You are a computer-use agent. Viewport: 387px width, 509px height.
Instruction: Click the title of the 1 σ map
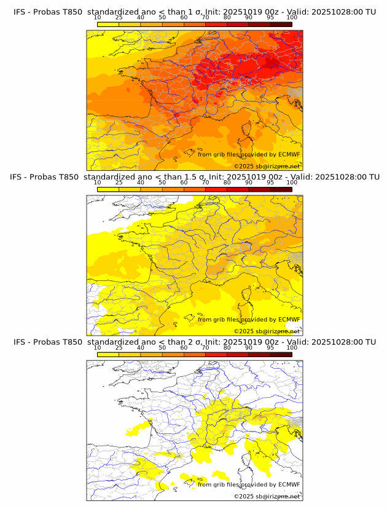click(x=195, y=11)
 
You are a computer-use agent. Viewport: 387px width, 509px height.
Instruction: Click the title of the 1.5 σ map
click(x=195, y=176)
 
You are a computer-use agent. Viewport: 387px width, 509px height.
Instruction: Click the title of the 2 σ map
click(x=195, y=342)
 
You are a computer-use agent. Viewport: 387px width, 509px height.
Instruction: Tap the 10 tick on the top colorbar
click(x=98, y=18)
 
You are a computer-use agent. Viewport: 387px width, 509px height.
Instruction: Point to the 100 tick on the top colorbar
click(x=292, y=18)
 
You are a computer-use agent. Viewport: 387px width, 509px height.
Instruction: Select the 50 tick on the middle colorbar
click(x=162, y=183)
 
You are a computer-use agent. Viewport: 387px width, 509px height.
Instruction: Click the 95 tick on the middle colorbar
click(x=270, y=183)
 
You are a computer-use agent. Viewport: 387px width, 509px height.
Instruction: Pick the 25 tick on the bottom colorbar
click(x=119, y=348)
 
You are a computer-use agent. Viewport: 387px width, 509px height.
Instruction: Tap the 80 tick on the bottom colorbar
click(x=227, y=348)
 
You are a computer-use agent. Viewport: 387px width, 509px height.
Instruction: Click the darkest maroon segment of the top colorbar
click(x=281, y=24)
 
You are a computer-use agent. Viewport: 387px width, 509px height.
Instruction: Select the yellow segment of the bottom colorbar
click(x=108, y=354)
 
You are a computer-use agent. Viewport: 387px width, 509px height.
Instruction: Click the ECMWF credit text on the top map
click(x=249, y=154)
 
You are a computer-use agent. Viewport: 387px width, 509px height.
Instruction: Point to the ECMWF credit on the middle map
click(x=249, y=320)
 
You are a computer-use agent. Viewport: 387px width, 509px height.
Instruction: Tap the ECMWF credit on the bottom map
click(x=249, y=484)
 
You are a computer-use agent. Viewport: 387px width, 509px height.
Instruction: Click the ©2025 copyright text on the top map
click(x=267, y=167)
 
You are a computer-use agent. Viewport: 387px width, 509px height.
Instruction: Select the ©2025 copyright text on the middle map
click(x=267, y=331)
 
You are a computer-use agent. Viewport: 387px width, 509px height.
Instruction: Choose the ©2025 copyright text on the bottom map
click(x=267, y=496)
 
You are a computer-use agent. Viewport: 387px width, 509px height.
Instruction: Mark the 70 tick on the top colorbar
click(x=205, y=18)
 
